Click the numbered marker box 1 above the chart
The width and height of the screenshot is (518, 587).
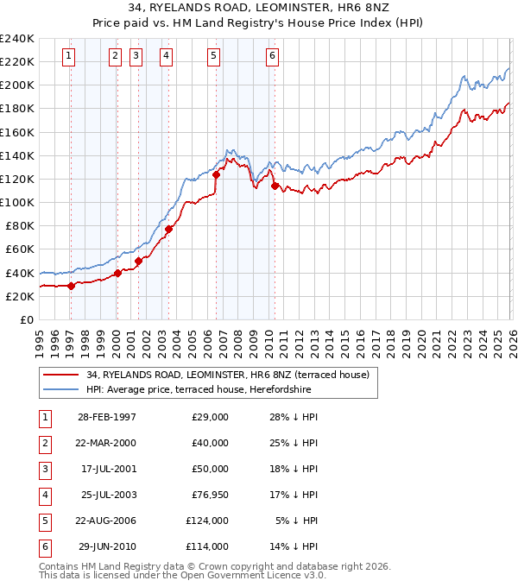click(x=68, y=56)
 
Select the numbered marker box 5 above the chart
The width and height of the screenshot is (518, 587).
click(x=213, y=56)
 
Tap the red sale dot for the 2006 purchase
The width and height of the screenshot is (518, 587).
click(x=217, y=174)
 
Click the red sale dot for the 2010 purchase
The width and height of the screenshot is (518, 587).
click(x=275, y=186)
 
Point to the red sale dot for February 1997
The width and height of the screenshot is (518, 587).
click(x=72, y=286)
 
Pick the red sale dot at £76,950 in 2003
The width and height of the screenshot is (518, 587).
click(x=169, y=229)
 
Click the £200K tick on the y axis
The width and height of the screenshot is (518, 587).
click(x=17, y=85)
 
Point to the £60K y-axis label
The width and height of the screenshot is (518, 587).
click(x=20, y=249)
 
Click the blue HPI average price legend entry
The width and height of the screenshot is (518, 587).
click(x=199, y=389)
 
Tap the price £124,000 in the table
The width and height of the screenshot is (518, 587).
click(x=210, y=521)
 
